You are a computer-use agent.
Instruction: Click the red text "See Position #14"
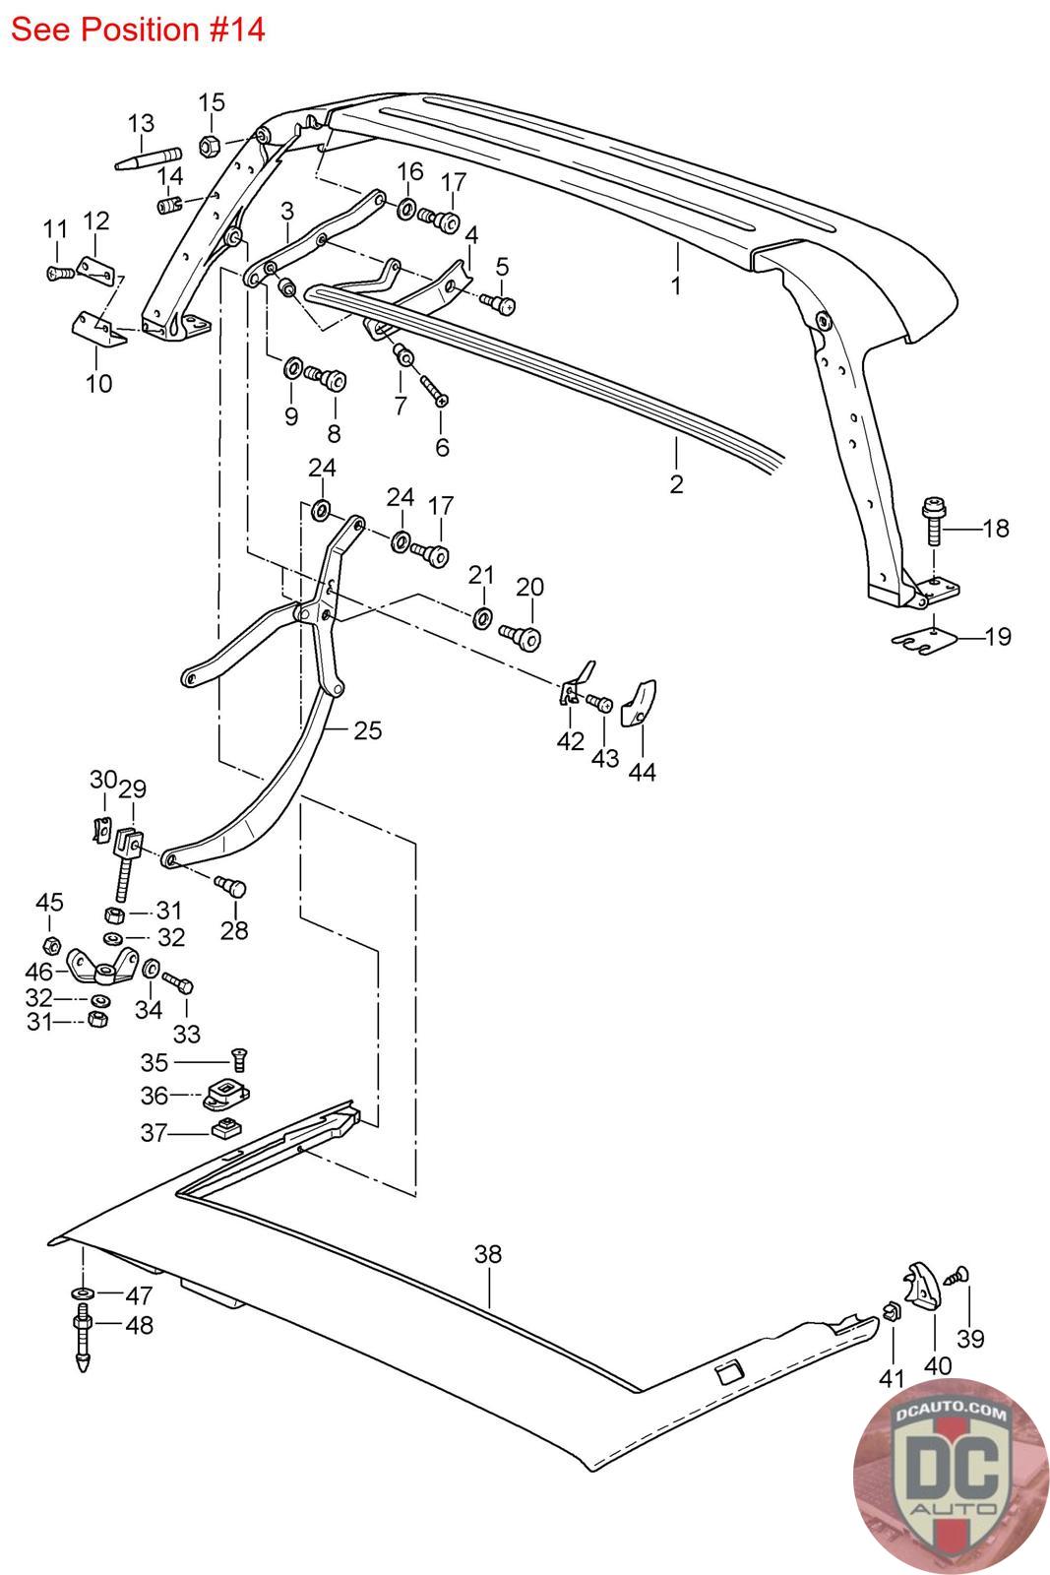pos(138,30)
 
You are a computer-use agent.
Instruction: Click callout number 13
pos(142,124)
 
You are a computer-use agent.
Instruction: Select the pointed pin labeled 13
pos(148,158)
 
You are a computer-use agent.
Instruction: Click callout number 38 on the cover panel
pos(488,1254)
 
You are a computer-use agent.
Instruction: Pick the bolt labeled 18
pos(931,523)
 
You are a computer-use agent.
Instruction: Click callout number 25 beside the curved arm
pos(368,730)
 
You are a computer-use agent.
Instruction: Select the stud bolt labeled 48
pos(83,1338)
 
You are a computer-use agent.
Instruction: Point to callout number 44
pos(642,772)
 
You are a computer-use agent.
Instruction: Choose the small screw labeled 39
pos(957,1276)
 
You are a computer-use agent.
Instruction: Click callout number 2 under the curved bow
pos(676,483)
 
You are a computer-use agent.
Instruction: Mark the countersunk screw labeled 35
pos(236,1061)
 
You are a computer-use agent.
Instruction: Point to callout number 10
pos(99,383)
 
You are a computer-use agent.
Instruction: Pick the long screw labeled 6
pos(434,389)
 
